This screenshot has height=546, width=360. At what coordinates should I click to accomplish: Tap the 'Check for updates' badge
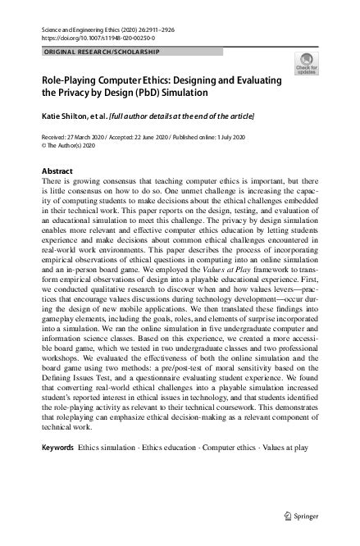306,66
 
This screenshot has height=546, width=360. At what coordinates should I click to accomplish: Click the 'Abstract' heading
56,171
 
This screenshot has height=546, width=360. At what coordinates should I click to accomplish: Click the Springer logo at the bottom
301,516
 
